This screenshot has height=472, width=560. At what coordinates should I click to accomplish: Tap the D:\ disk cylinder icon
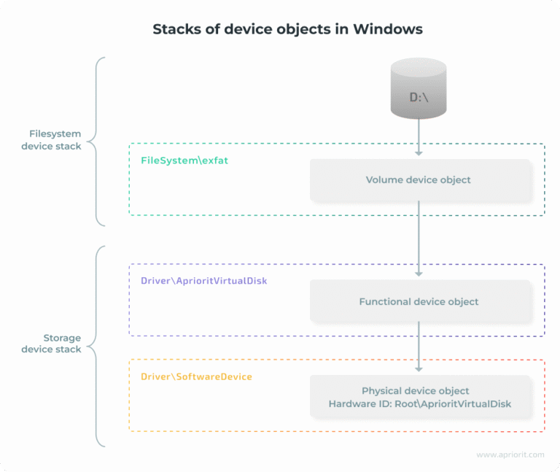pyautogui.click(x=419, y=89)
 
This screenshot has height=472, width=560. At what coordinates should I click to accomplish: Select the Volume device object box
pyautogui.click(x=418, y=179)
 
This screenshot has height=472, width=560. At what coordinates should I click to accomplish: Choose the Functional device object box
pyautogui.click(x=418, y=301)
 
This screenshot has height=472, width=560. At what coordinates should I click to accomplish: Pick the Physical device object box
pyautogui.click(x=418, y=397)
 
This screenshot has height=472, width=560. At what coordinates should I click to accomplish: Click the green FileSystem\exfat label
pyautogui.click(x=184, y=160)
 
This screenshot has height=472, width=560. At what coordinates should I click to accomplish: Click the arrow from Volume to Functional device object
pyautogui.click(x=419, y=239)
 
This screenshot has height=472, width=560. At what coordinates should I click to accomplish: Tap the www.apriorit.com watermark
pyautogui.click(x=510, y=454)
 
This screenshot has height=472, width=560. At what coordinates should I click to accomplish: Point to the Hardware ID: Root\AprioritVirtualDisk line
pyautogui.click(x=418, y=403)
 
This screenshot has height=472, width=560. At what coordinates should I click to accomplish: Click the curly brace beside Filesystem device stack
pyautogui.click(x=98, y=140)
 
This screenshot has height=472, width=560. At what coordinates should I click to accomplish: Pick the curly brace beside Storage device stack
pyautogui.click(x=98, y=345)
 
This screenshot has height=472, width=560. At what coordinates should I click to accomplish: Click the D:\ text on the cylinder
pyautogui.click(x=419, y=96)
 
